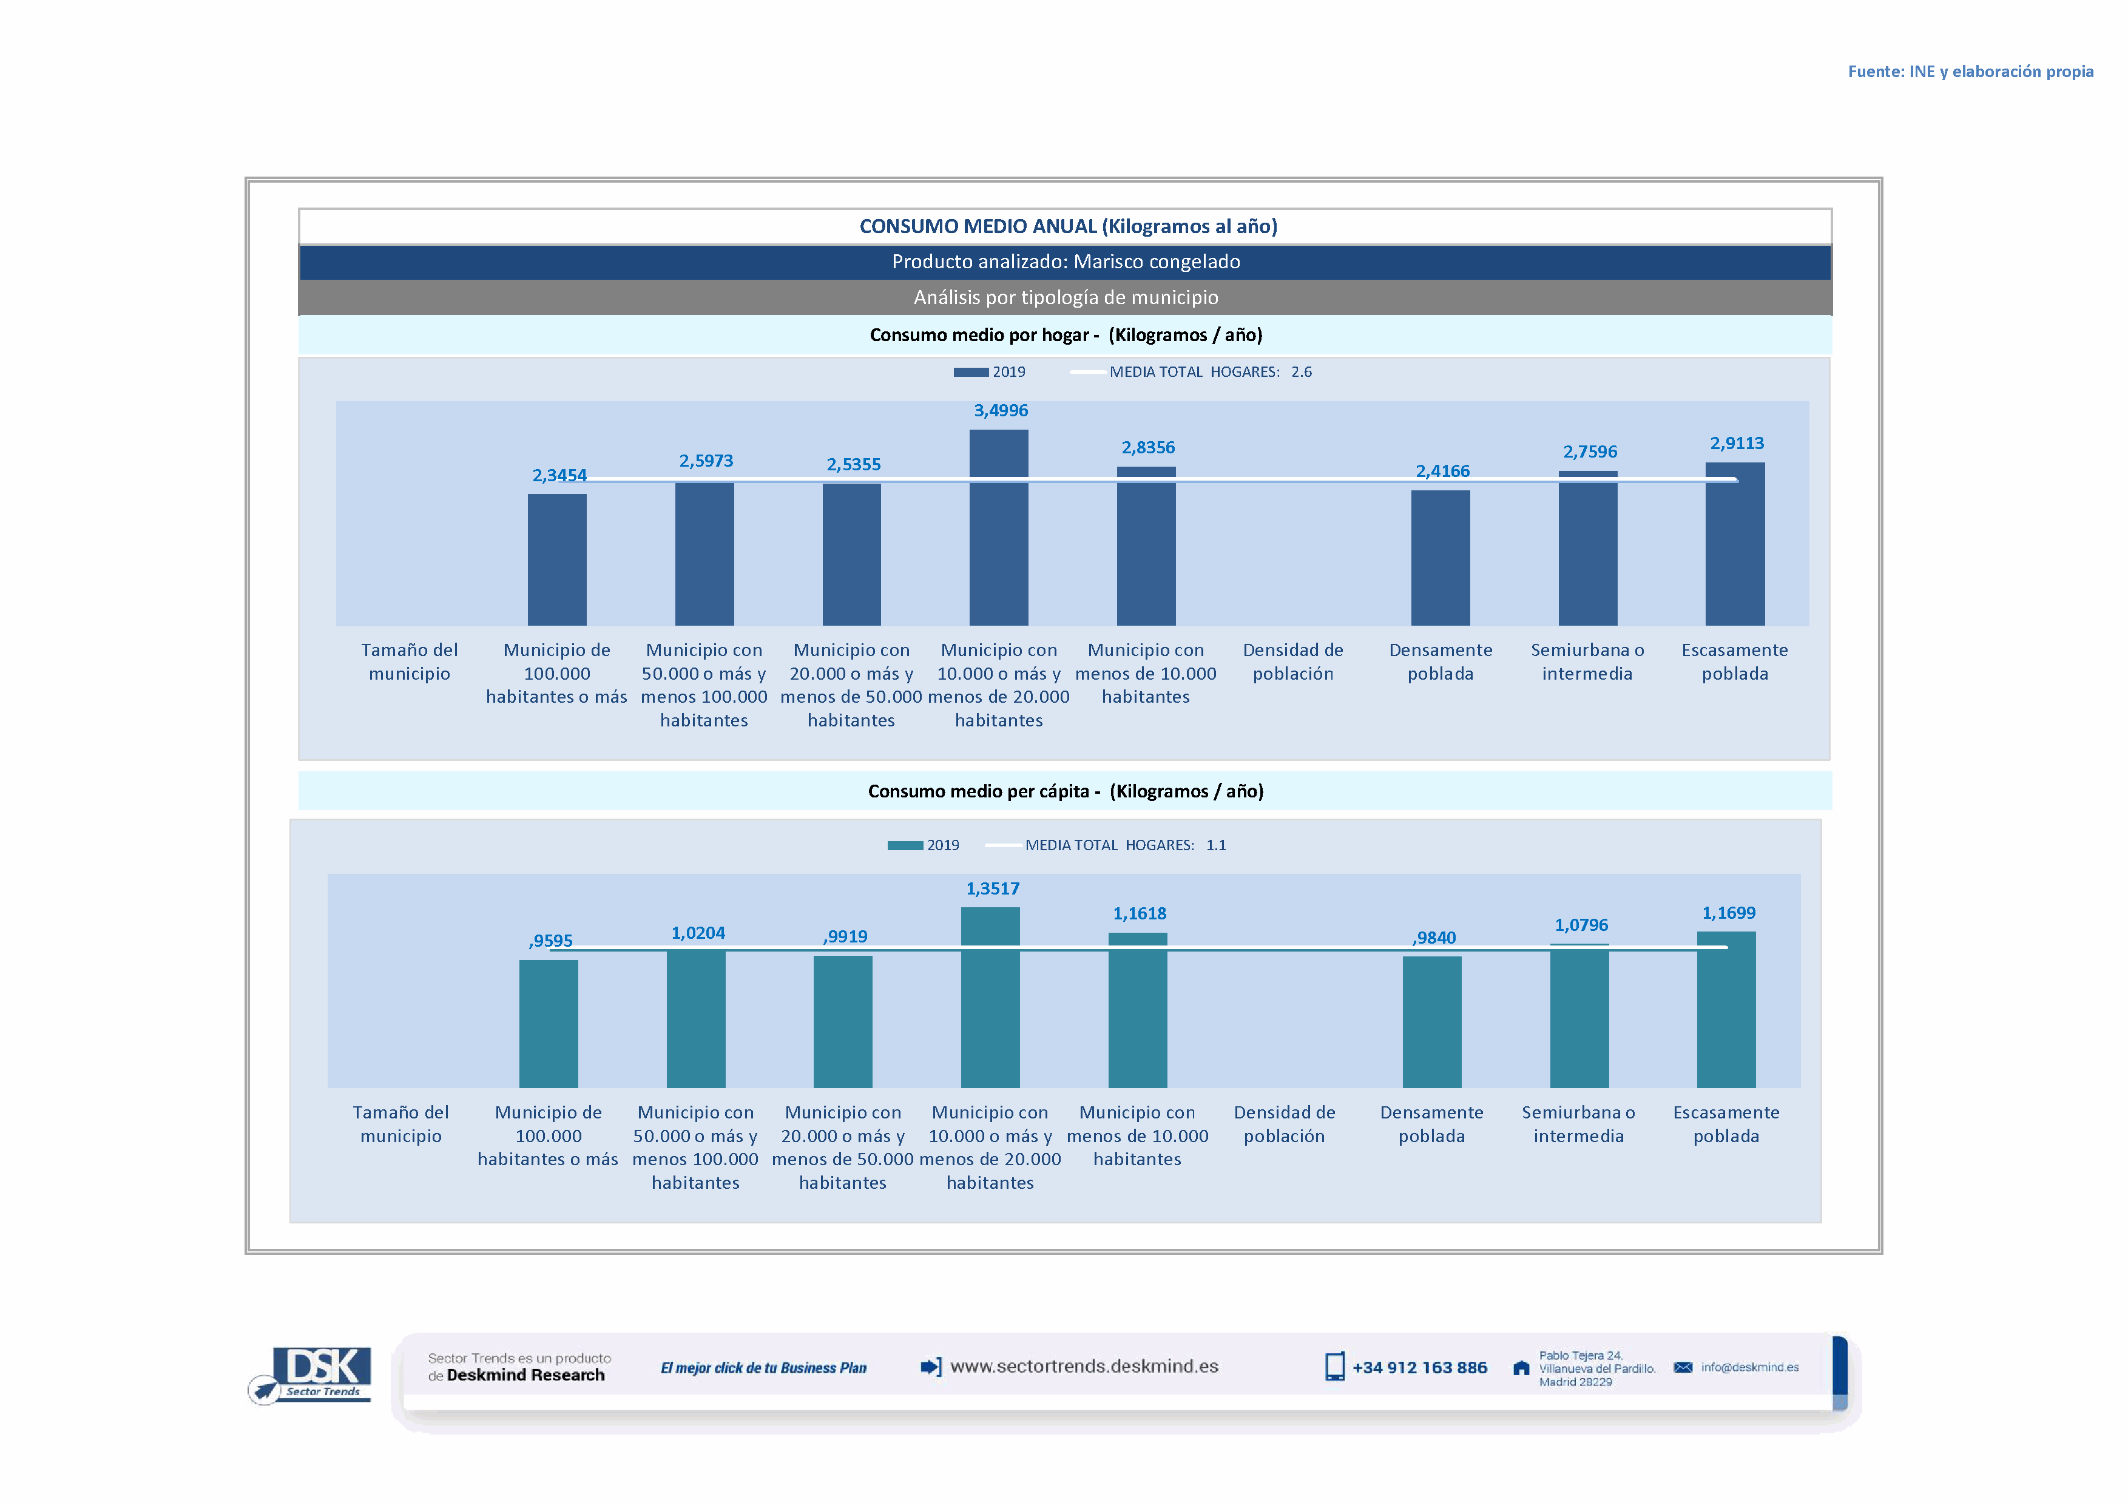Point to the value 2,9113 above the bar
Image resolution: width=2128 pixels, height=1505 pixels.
1736,443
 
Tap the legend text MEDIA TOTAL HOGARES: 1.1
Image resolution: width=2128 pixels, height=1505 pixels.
1125,845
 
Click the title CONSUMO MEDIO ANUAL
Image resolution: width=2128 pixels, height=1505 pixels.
1068,226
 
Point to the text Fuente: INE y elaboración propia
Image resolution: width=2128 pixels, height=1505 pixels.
1970,72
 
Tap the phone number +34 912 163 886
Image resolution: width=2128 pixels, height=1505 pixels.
1419,1368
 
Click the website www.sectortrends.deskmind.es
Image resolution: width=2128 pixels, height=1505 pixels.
1084,1367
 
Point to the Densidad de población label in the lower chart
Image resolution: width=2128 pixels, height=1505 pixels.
1284,1124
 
